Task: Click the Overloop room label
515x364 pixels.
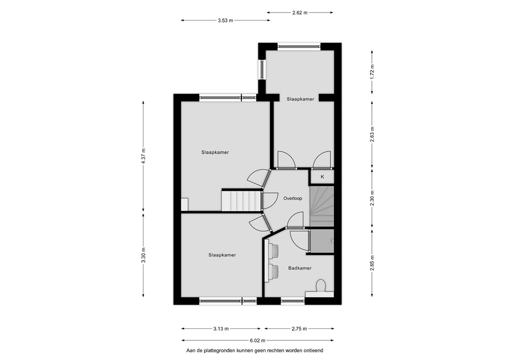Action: pyautogui.click(x=292, y=199)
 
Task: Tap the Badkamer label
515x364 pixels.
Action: pyautogui.click(x=300, y=268)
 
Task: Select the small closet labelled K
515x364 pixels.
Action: pyautogui.click(x=322, y=177)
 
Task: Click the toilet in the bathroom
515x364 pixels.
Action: pyautogui.click(x=321, y=286)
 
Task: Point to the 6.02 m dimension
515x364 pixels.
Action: pyautogui.click(x=257, y=340)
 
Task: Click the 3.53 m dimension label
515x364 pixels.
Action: pyautogui.click(x=226, y=21)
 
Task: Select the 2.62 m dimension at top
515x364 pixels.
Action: pyautogui.click(x=300, y=12)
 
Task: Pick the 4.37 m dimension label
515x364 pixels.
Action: pyautogui.click(x=143, y=156)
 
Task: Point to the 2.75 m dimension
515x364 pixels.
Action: pyautogui.click(x=300, y=329)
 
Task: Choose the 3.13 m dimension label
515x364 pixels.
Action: pyautogui.click(x=221, y=329)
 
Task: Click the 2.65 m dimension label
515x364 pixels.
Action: pyautogui.click(x=372, y=263)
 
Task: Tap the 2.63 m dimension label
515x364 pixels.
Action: pyautogui.click(x=372, y=134)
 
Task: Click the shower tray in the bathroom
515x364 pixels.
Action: pyautogui.click(x=322, y=240)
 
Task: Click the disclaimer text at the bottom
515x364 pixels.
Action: pyautogui.click(x=257, y=350)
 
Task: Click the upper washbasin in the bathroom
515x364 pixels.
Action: pyautogui.click(x=274, y=250)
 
